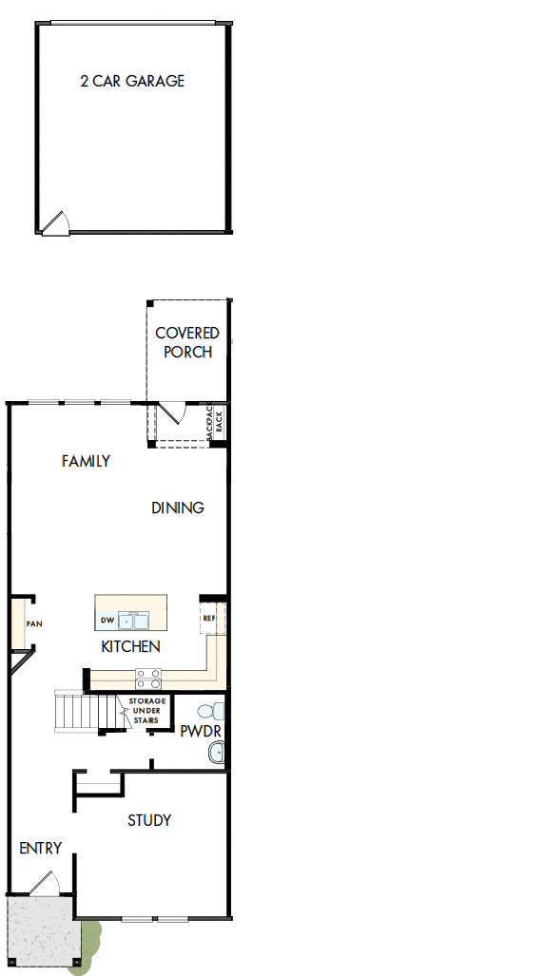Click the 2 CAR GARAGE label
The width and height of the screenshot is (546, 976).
coord(132,81)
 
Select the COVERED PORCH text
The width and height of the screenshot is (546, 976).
coord(187,342)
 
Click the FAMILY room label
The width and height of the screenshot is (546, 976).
coord(86,461)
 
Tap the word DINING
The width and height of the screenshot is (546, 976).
coord(178,507)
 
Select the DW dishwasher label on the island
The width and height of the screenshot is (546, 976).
coord(107,622)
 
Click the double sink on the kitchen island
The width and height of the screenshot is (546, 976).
coord(134,622)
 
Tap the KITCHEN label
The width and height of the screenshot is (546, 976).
coord(130,646)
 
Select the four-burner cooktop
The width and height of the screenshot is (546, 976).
coord(147,678)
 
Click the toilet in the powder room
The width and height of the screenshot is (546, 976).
coord(215,711)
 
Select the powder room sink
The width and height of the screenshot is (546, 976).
coord(217,753)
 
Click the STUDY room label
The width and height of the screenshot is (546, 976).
coord(149,820)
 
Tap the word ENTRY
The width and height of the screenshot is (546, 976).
coord(41,848)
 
